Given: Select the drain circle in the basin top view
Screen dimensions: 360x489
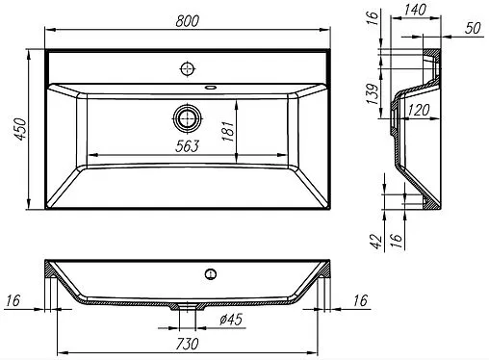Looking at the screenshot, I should pyautogui.click(x=189, y=119).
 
